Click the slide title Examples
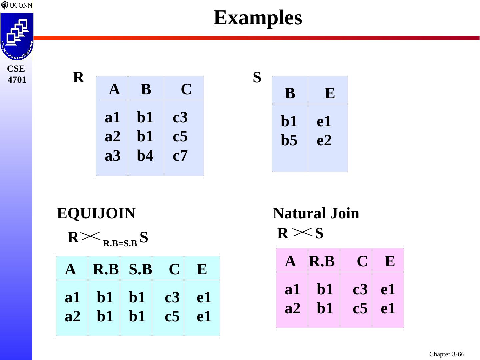[x=258, y=18]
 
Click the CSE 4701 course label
[x=16, y=74]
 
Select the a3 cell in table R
[x=112, y=156]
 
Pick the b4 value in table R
[x=145, y=156]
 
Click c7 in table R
[x=180, y=156]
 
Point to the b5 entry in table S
[x=289, y=140]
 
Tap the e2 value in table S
[x=324, y=140]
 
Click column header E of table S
[x=330, y=93]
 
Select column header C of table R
[x=186, y=89]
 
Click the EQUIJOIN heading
[x=96, y=213]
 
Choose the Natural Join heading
[x=316, y=213]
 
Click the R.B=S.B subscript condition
[x=120, y=244]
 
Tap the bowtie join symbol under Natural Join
[x=302, y=232]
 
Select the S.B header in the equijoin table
[x=140, y=269]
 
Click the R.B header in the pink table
[x=322, y=261]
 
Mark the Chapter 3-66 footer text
[x=447, y=354]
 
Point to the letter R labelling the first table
[x=78, y=77]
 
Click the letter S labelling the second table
[x=257, y=77]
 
